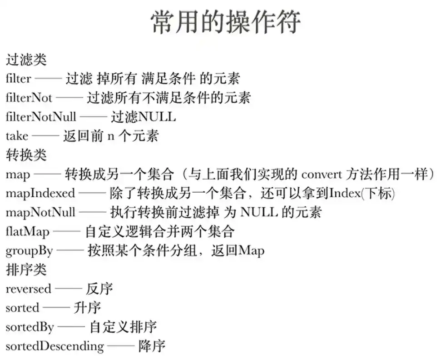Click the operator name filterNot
(29, 98)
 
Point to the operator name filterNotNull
(41, 117)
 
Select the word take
(17, 136)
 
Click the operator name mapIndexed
(40, 193)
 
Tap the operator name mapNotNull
(40, 212)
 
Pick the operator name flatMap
(28, 231)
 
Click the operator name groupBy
(29, 251)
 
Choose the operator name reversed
(28, 289)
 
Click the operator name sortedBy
(30, 327)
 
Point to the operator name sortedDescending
(55, 346)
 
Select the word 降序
(152, 346)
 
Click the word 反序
(99, 289)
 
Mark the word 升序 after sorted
(87, 308)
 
